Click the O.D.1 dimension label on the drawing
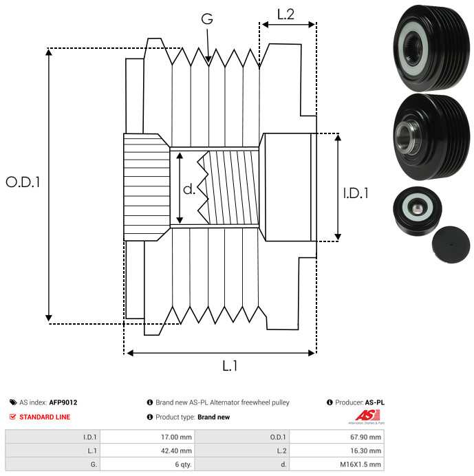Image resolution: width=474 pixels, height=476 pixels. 23,182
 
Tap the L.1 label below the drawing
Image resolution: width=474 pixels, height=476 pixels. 230,366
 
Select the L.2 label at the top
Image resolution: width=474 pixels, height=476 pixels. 286,14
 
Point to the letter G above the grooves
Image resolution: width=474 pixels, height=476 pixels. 207,19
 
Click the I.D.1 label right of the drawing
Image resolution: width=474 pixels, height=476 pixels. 356,193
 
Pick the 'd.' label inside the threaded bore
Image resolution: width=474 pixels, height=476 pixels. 189,189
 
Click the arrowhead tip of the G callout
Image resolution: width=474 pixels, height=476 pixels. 208,63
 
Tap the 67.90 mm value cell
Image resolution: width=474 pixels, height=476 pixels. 336,437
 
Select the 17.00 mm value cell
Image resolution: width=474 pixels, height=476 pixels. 147,437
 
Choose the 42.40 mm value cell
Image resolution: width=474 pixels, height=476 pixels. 147,451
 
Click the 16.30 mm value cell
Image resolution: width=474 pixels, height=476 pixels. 336,451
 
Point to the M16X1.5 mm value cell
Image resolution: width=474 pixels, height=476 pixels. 336,464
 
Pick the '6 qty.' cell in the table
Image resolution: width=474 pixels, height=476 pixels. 147,464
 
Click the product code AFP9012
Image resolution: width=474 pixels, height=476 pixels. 63,402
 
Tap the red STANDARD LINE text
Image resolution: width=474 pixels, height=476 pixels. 45,417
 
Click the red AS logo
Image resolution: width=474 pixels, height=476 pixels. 368,415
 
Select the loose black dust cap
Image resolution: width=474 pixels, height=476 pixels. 451,244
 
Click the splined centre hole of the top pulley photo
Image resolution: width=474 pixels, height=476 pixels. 413,48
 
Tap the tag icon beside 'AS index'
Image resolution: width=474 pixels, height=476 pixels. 13,402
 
